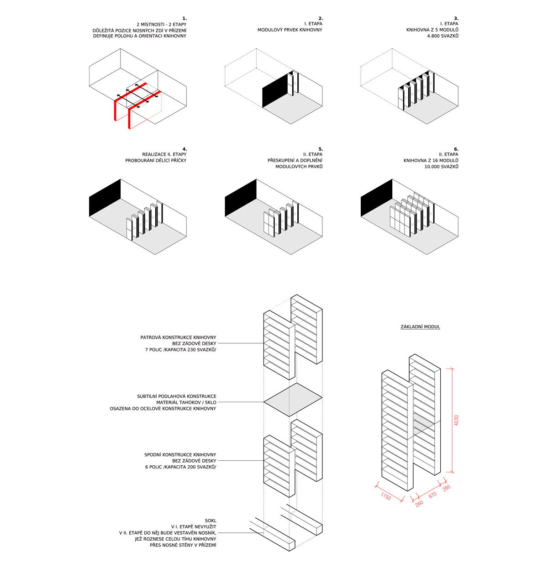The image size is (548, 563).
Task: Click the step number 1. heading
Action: (184, 18)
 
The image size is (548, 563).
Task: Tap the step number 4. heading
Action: (184, 149)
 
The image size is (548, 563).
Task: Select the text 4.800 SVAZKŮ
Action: (443, 36)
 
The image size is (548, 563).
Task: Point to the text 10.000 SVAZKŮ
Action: (441, 167)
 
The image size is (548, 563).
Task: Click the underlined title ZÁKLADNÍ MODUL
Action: (420, 327)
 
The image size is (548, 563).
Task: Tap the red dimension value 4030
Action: (457, 420)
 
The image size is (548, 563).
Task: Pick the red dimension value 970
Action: (432, 495)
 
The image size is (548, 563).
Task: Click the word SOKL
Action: (211, 521)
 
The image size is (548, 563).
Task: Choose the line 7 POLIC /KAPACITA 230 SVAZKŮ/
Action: (180, 350)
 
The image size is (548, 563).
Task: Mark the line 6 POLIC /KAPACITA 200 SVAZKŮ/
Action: (180, 467)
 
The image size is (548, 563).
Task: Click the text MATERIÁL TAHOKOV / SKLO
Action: (186, 402)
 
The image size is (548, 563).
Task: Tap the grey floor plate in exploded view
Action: (293, 400)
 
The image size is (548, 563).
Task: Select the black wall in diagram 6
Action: (376, 199)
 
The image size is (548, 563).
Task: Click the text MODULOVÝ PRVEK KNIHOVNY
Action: (290, 30)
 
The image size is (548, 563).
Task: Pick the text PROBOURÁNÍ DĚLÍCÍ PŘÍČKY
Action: (156, 161)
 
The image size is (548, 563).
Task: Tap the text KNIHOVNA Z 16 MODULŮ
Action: (431, 161)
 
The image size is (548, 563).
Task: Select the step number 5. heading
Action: (320, 149)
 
